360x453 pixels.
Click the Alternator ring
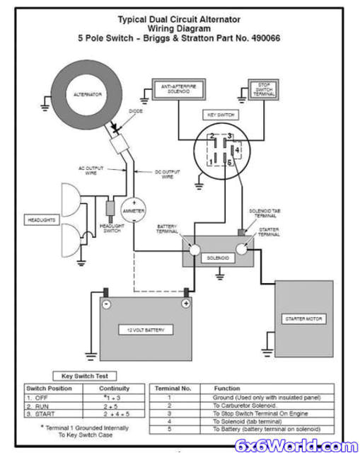[88, 93]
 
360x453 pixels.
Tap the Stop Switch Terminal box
[265, 89]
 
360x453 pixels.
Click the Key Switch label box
[220, 114]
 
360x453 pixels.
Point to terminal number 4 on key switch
[238, 149]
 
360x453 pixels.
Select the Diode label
[136, 110]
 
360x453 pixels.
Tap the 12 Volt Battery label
[146, 330]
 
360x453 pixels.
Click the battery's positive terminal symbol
[185, 304]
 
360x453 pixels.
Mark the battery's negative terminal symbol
[106, 304]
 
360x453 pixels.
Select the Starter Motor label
[304, 319]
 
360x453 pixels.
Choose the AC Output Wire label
[91, 170]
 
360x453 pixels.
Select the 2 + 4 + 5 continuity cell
[114, 413]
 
